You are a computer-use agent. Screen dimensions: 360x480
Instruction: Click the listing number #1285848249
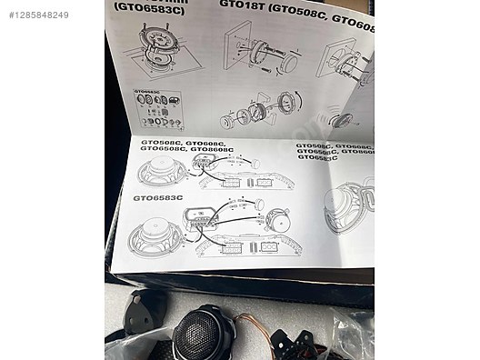[39, 15]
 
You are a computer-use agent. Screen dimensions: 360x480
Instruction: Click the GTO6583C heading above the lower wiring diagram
[157, 196]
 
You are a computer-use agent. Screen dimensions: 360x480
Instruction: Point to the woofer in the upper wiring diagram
[161, 170]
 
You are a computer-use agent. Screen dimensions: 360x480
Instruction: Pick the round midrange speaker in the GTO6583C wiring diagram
[278, 221]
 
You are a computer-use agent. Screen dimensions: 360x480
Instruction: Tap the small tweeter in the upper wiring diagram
[254, 163]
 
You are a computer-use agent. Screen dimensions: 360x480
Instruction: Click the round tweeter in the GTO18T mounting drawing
[289, 62]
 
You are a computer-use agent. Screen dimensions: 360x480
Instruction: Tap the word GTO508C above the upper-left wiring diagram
[158, 143]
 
